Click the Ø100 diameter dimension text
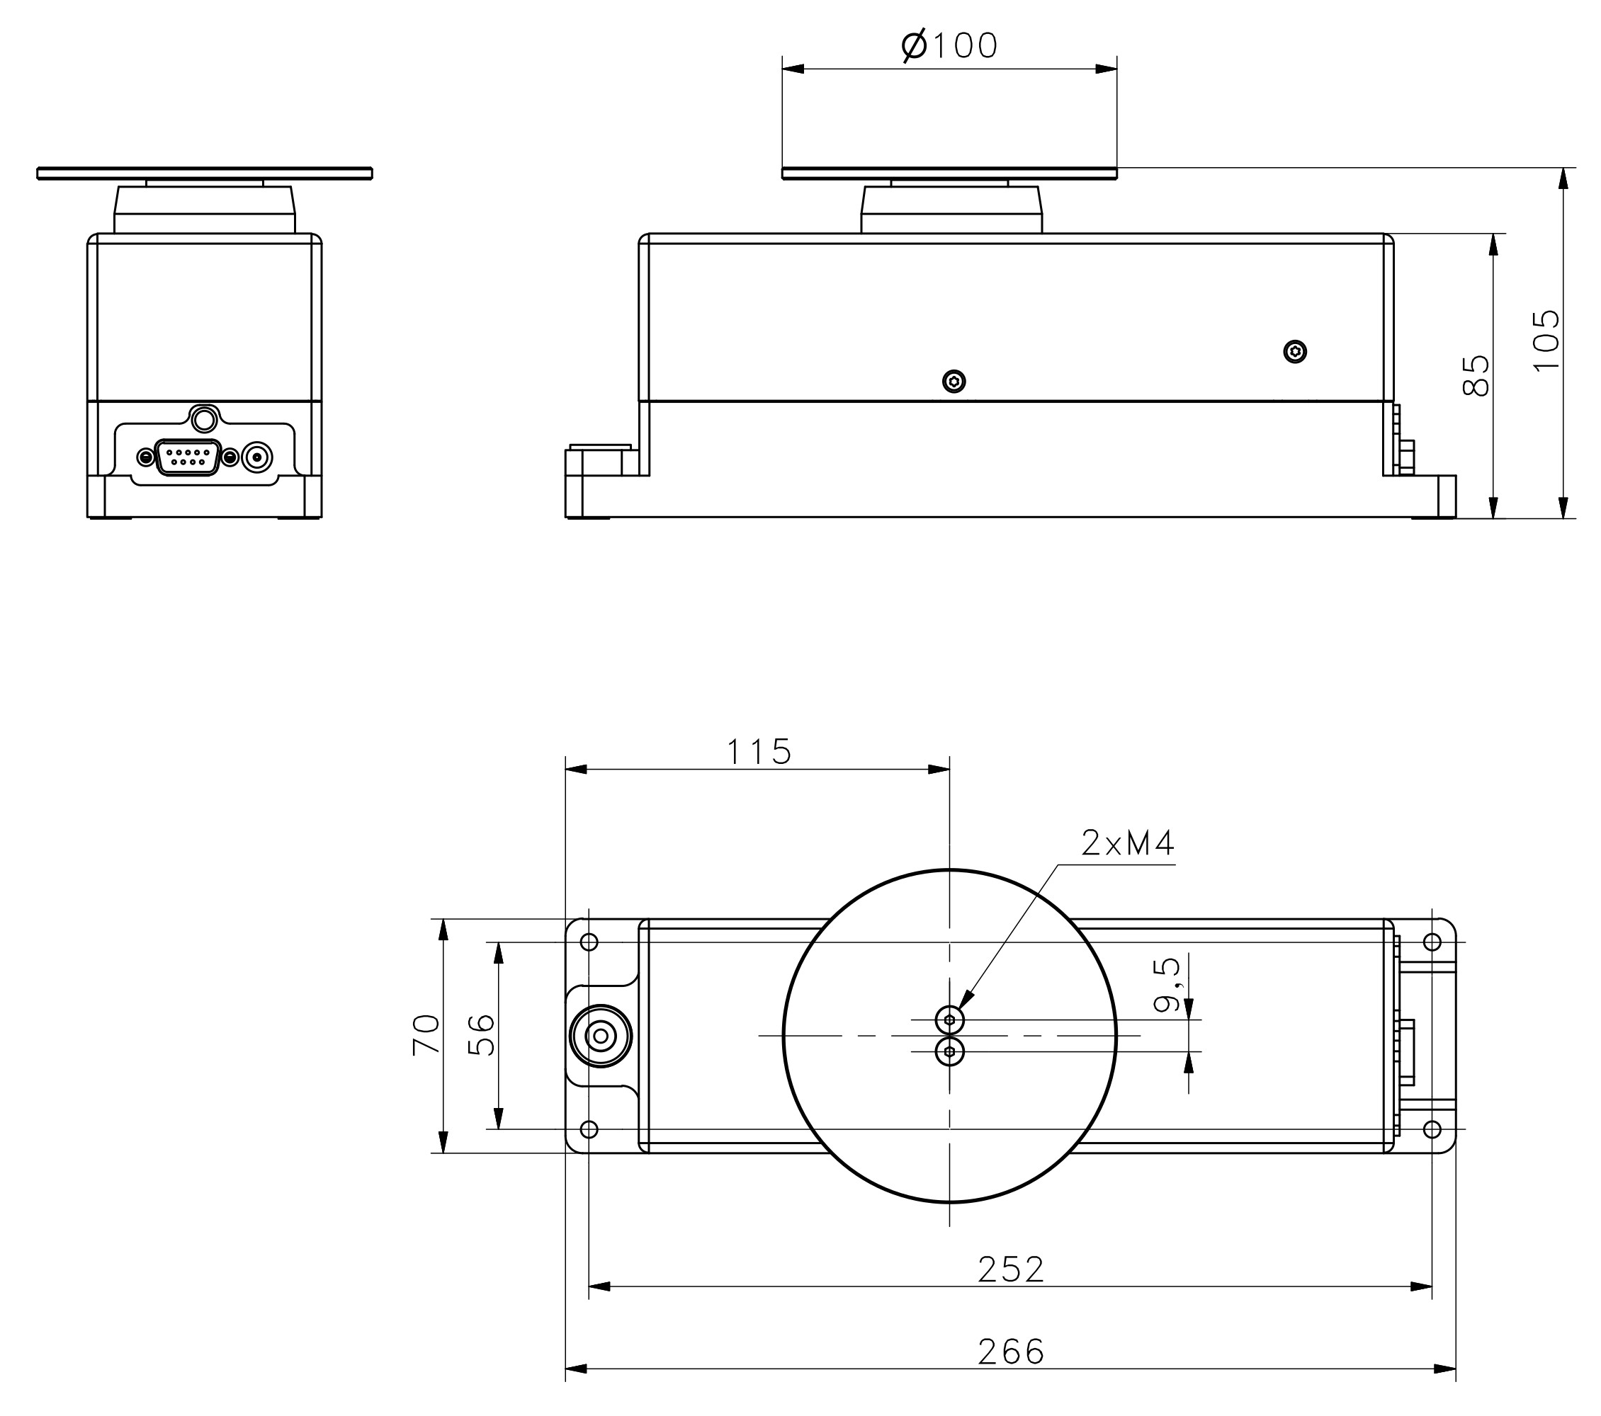pos(949,46)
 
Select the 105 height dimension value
pos(1545,341)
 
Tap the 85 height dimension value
pos(1476,376)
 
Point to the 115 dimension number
pos(759,752)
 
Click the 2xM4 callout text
pos(1128,844)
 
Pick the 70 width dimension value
pos(426,1035)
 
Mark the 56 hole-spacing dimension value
pos(481,1035)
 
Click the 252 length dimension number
pos(1010,1270)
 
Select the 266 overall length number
pos(1010,1352)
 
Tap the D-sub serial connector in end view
pos(188,457)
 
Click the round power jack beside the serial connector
pos(257,457)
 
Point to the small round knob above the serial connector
pos(203,420)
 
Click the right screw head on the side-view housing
pos(1296,353)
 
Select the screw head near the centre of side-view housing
pos(954,381)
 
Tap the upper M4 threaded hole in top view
pos(949,1020)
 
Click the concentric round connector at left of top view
pos(601,1037)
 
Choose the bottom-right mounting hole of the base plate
pos(1432,1129)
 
